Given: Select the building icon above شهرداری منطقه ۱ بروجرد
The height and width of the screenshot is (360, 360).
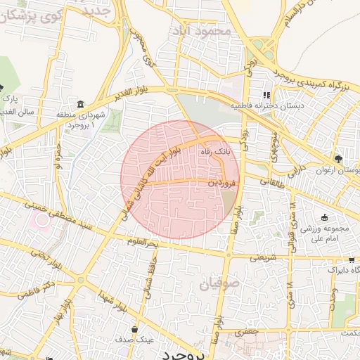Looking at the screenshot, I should pyautogui.click(x=81, y=104).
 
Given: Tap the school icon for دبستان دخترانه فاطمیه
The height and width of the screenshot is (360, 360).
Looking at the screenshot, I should pyautogui.click(x=266, y=95).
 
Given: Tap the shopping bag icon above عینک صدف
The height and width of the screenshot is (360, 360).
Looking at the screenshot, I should pyautogui.click(x=134, y=328).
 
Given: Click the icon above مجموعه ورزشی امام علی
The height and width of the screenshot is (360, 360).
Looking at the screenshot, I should pyautogui.click(x=324, y=218).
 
